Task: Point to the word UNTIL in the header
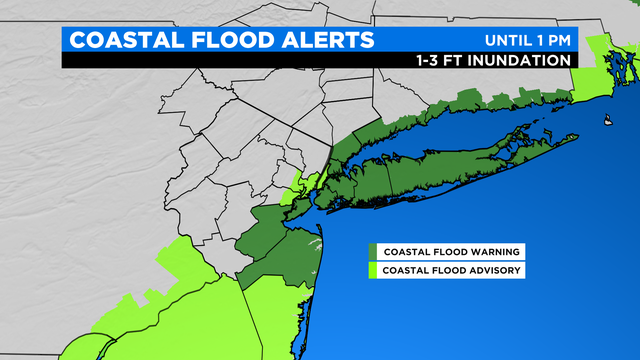coord(511,41)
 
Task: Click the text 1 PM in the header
coord(557,41)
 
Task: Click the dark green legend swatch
coord(372,251)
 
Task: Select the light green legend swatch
coord(372,270)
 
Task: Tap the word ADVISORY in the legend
coord(491,270)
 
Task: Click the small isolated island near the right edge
coord(606,124)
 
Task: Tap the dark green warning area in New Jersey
coord(280,240)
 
